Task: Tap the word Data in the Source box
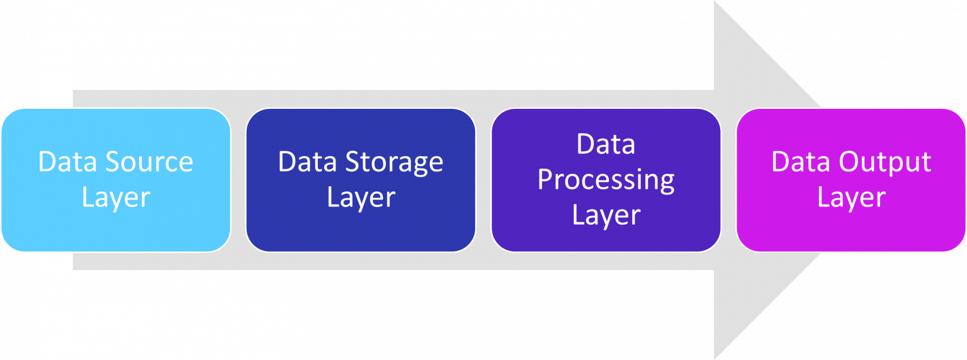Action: pyautogui.click(x=68, y=162)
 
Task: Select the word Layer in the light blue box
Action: pyautogui.click(x=116, y=198)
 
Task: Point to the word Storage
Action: pyautogui.click(x=395, y=162)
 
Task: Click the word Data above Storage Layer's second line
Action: pyautogui.click(x=308, y=162)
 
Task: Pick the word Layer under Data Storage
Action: pyautogui.click(x=361, y=198)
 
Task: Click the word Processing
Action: pyautogui.click(x=606, y=181)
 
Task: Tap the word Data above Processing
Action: pyautogui.click(x=606, y=145)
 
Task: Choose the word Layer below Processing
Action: pyautogui.click(x=606, y=216)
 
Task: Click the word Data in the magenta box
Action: pyautogui.click(x=801, y=162)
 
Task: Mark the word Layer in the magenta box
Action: pyautogui.click(x=851, y=198)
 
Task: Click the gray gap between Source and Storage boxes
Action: pyautogui.click(x=238, y=180)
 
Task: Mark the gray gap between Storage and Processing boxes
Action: pyautogui.click(x=483, y=180)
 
